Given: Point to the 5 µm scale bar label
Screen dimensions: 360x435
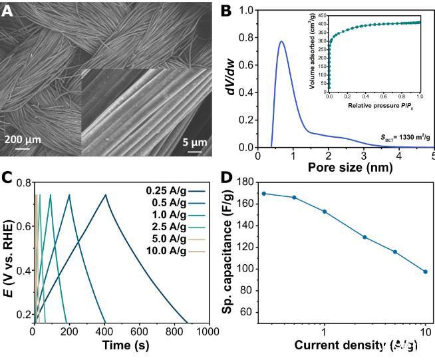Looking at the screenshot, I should point(194,140).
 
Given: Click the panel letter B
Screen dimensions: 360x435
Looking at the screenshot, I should point(227,11).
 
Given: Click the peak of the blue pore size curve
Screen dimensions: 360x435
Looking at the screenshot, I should point(281,42).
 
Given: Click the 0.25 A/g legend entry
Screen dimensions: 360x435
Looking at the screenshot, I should point(170,190).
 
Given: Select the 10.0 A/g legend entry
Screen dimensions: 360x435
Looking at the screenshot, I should point(170,250).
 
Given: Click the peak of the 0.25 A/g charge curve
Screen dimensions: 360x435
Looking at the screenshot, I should point(104,194).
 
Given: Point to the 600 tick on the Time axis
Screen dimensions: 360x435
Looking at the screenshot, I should point(139,331).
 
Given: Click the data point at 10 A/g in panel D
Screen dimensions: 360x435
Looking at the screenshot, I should point(425,271).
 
